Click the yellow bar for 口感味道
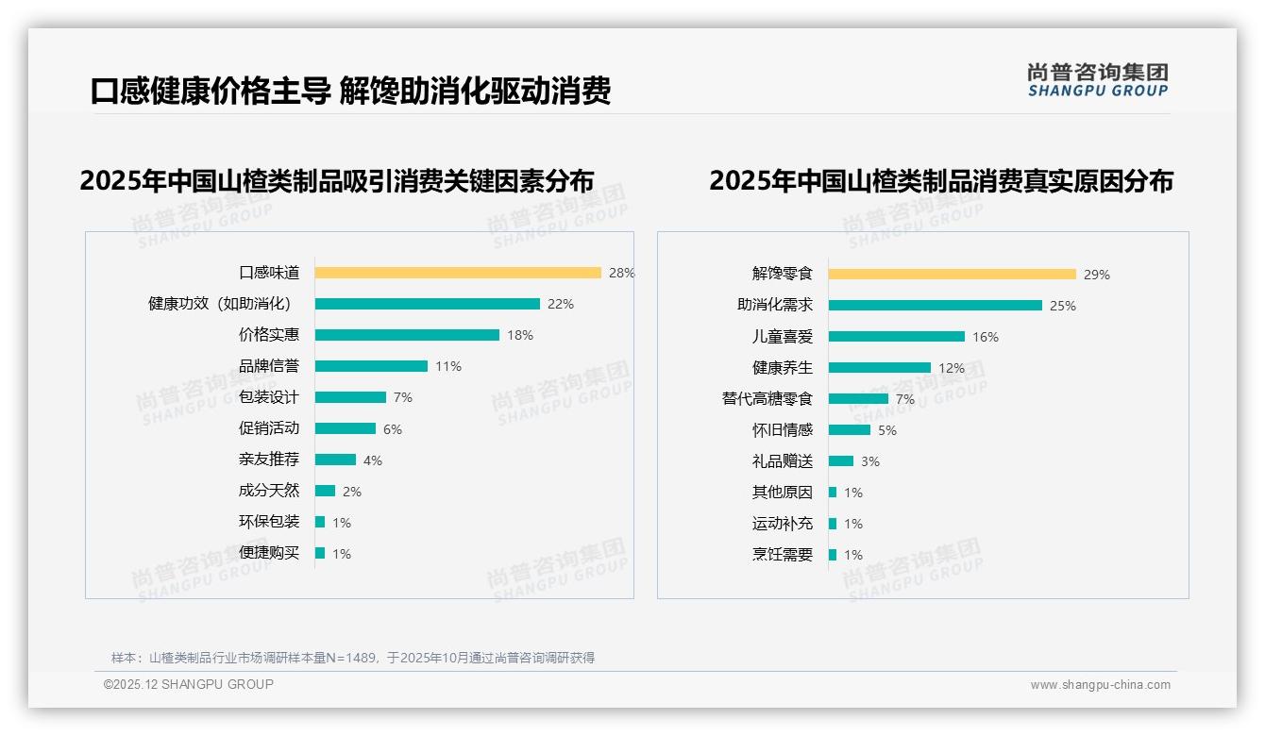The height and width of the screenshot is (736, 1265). [x=458, y=273]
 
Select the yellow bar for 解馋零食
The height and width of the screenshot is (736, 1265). [x=952, y=274]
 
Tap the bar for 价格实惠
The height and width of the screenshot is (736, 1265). [x=407, y=335]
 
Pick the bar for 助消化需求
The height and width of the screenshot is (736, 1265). [x=935, y=305]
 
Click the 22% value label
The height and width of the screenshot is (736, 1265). [x=561, y=304]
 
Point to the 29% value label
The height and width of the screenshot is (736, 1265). [x=1096, y=275]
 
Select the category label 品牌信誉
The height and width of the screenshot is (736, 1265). [x=268, y=366]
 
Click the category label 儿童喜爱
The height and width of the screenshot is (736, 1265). [x=782, y=337]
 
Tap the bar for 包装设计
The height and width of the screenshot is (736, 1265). [x=350, y=397]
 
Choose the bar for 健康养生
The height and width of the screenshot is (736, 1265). [x=879, y=367]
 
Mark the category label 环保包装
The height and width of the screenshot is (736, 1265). [x=268, y=522]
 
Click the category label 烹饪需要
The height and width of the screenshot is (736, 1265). [x=782, y=555]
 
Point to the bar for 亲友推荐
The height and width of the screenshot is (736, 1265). [x=335, y=460]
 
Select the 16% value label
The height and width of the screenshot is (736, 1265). [x=985, y=337]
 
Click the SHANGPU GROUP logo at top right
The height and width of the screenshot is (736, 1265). [x=1097, y=80]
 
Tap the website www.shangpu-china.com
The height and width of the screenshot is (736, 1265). [x=1100, y=685]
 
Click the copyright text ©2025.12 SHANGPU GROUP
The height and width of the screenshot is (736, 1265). [x=189, y=684]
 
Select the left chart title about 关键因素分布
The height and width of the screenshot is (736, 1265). [x=337, y=181]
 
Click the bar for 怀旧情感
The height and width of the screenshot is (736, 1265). [x=849, y=429]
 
